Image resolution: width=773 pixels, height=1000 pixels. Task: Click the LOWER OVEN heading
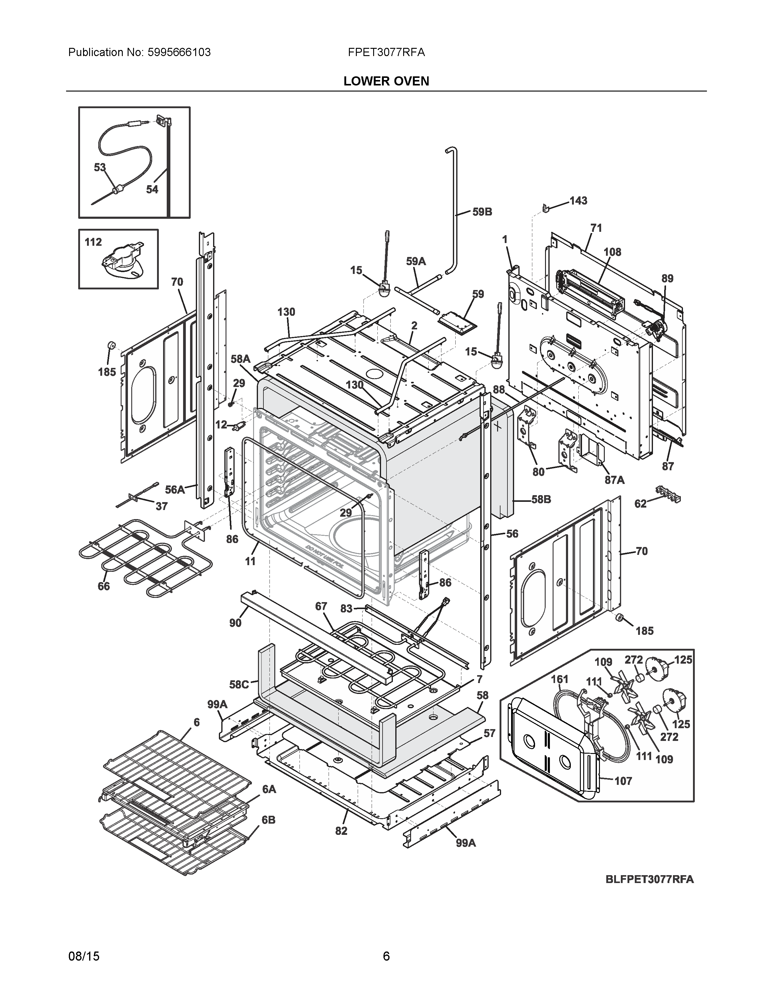[x=386, y=82]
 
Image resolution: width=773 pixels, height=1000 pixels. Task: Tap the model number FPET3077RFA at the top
[x=386, y=53]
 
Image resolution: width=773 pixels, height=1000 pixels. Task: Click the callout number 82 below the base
[x=341, y=831]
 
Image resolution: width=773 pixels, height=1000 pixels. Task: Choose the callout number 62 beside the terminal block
[x=640, y=504]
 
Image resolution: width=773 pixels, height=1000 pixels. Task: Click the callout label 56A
[x=175, y=489]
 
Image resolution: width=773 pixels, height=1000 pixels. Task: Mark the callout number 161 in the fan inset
[x=559, y=679]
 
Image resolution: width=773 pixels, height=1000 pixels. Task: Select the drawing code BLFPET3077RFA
[x=649, y=879]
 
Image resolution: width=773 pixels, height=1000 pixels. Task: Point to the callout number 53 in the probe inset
[x=100, y=168]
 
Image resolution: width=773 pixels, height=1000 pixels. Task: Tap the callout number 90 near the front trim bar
[x=235, y=623]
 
